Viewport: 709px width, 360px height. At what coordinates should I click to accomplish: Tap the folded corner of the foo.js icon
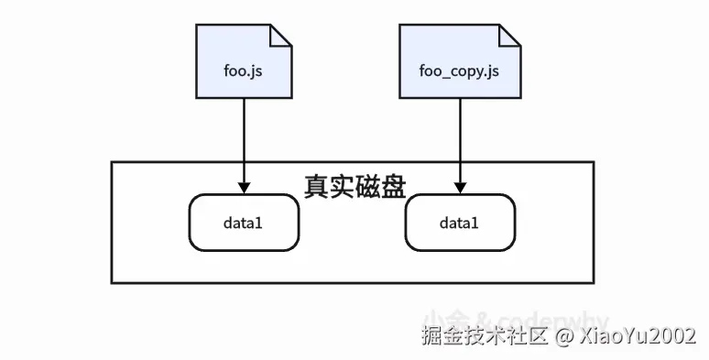(x=281, y=34)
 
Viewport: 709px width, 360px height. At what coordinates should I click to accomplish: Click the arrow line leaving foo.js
(x=245, y=137)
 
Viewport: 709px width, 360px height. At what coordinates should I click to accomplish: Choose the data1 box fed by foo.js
(x=245, y=223)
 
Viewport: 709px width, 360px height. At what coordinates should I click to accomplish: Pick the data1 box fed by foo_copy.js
(x=460, y=223)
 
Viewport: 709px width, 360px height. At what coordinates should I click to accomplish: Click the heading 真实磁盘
(x=354, y=182)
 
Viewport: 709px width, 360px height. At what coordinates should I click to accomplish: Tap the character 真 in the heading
(x=316, y=182)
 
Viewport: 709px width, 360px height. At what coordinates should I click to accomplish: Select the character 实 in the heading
(x=342, y=182)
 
